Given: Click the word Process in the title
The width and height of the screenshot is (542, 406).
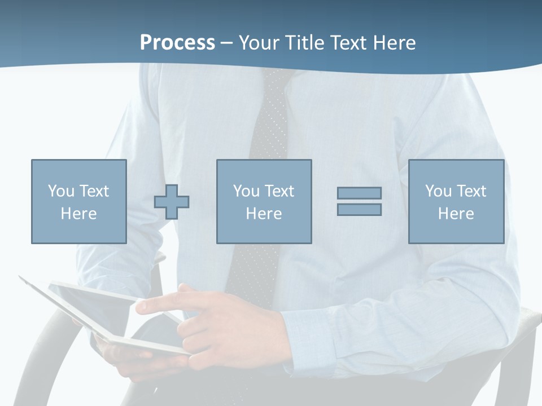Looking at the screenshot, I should pos(177,43).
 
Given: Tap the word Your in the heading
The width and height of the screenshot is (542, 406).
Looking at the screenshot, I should pos(258,43).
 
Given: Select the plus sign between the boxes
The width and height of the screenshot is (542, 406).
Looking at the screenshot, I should pos(172,202).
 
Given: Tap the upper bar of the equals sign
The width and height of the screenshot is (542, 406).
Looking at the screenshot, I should pos(359,193).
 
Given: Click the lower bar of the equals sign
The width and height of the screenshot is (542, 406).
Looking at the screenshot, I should pos(359,209).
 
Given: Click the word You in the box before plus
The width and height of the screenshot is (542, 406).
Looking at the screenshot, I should pos(60,191).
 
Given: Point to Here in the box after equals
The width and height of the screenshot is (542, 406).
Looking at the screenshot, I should pos(456,214).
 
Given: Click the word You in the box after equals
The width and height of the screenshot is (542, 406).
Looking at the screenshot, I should pos(438,191).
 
